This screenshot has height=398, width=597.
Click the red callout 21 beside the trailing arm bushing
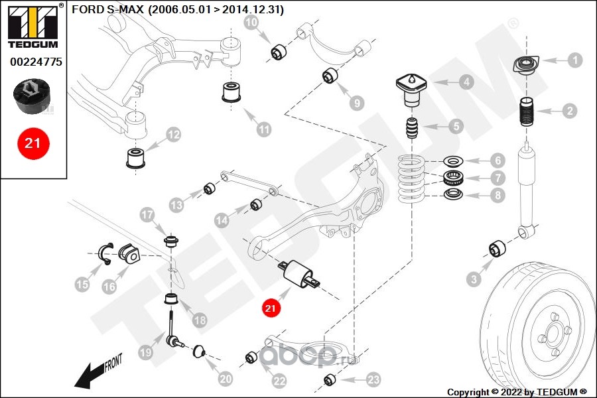tap(271, 308)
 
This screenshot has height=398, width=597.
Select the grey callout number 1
tap(575, 60)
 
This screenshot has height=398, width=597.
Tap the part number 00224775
tap(36, 62)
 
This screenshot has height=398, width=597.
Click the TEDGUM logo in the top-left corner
tap(34, 26)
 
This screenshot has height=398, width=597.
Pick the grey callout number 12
tap(173, 135)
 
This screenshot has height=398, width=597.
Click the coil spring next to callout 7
tap(411, 179)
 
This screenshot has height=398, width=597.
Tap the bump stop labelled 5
tap(411, 129)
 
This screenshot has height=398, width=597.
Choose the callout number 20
tap(226, 379)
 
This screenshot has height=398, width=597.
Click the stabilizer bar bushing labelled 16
tap(129, 254)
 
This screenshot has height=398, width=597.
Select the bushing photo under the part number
tap(32, 96)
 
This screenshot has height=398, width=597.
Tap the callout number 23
tap(373, 379)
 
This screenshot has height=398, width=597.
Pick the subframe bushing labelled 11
tap(232, 92)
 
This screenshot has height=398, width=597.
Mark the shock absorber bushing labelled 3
tap(497, 249)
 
